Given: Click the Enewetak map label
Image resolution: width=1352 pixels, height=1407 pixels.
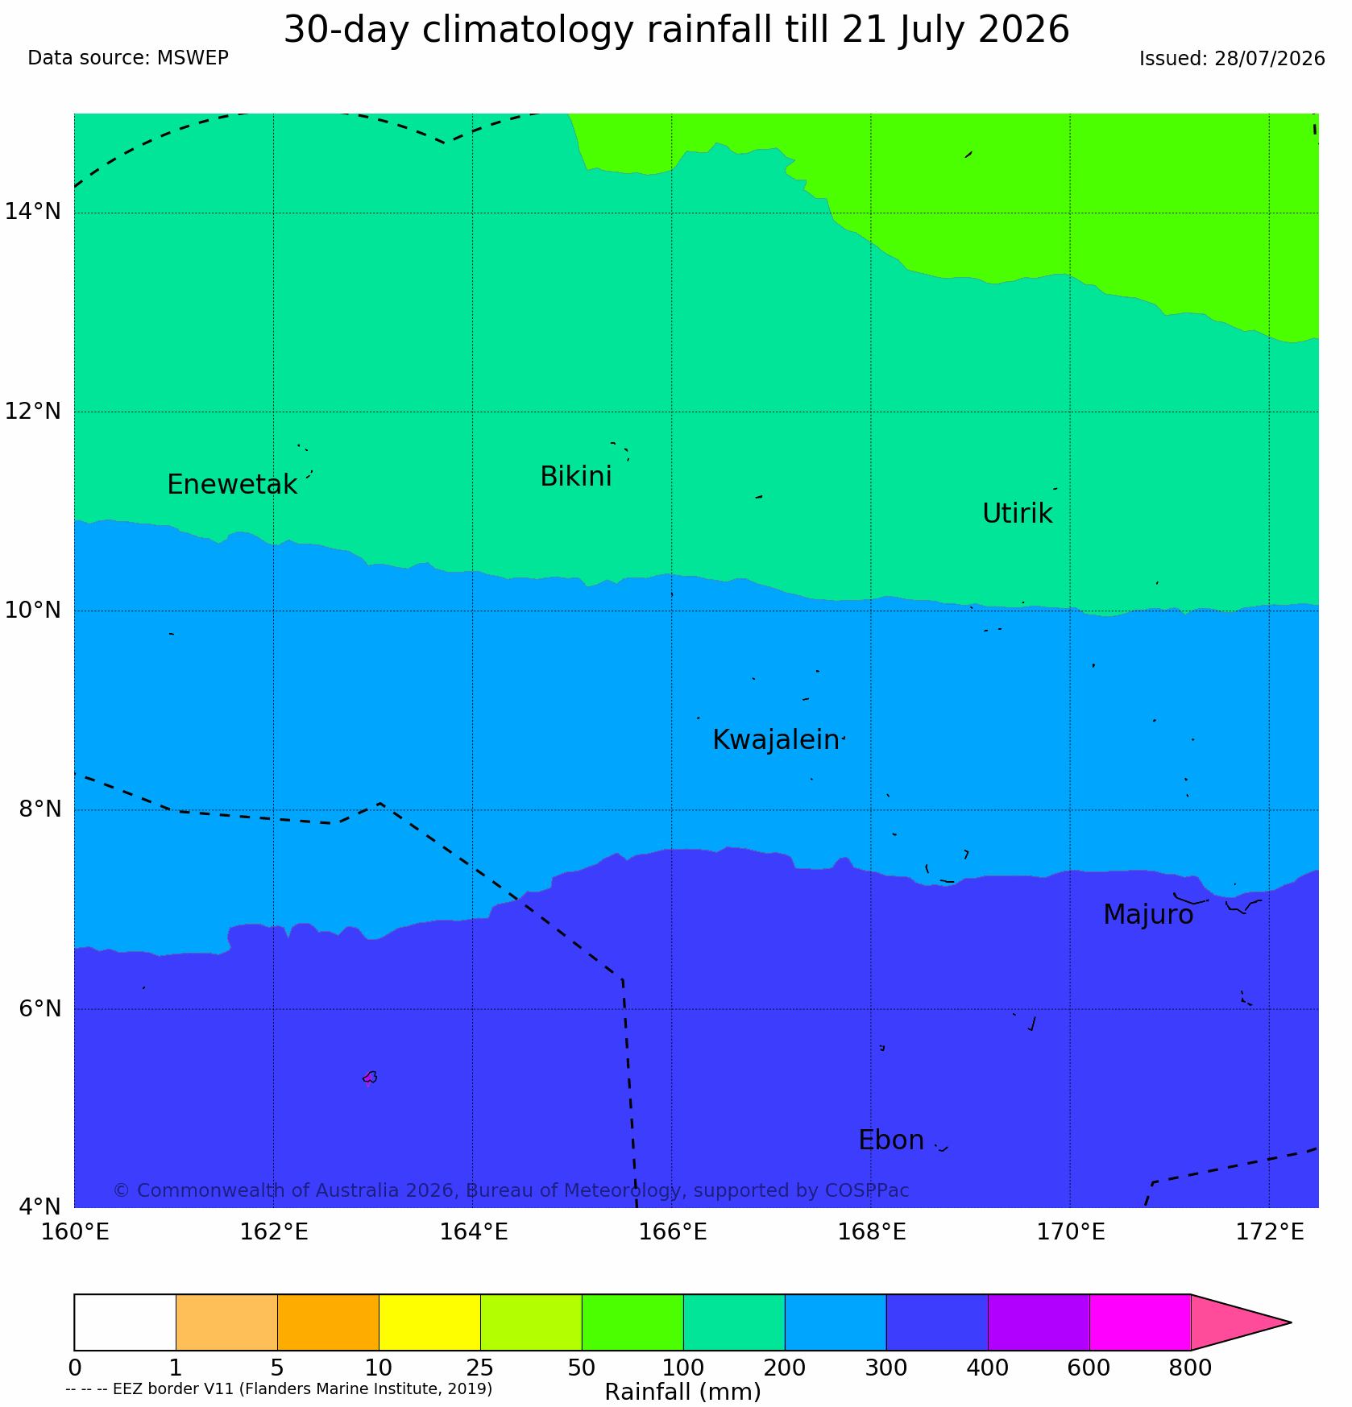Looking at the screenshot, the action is tap(232, 485).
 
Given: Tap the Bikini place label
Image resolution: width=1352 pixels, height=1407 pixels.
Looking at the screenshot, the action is tap(576, 477).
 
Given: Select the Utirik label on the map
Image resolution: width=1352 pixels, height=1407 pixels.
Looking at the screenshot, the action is tap(1018, 513).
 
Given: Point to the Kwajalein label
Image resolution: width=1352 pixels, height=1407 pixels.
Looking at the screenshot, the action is tap(776, 739).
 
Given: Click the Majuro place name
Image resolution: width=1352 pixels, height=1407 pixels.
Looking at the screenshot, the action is tap(1148, 915).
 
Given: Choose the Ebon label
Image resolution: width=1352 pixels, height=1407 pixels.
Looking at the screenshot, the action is tap(891, 1140).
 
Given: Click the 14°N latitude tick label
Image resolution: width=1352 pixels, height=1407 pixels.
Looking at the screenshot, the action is tap(33, 212).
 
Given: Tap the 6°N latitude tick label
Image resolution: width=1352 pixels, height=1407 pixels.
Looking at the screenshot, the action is tap(39, 1008).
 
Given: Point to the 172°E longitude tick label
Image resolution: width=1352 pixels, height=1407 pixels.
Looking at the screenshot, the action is tap(1269, 1232).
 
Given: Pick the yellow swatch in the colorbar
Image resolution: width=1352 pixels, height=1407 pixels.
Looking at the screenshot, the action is tap(429, 1322).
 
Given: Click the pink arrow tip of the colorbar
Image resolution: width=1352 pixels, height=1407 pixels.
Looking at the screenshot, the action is tap(1290, 1322).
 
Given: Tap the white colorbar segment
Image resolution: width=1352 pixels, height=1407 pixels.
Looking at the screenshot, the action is tap(125, 1322).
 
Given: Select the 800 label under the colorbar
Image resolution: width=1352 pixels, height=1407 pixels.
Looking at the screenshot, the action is tap(1191, 1368).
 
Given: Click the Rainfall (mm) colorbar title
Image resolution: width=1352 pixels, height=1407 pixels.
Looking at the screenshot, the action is tap(682, 1392).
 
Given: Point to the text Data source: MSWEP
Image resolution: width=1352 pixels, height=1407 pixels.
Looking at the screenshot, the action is tap(128, 58).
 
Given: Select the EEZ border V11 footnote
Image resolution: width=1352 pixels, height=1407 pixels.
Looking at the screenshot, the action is tap(279, 1388).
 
